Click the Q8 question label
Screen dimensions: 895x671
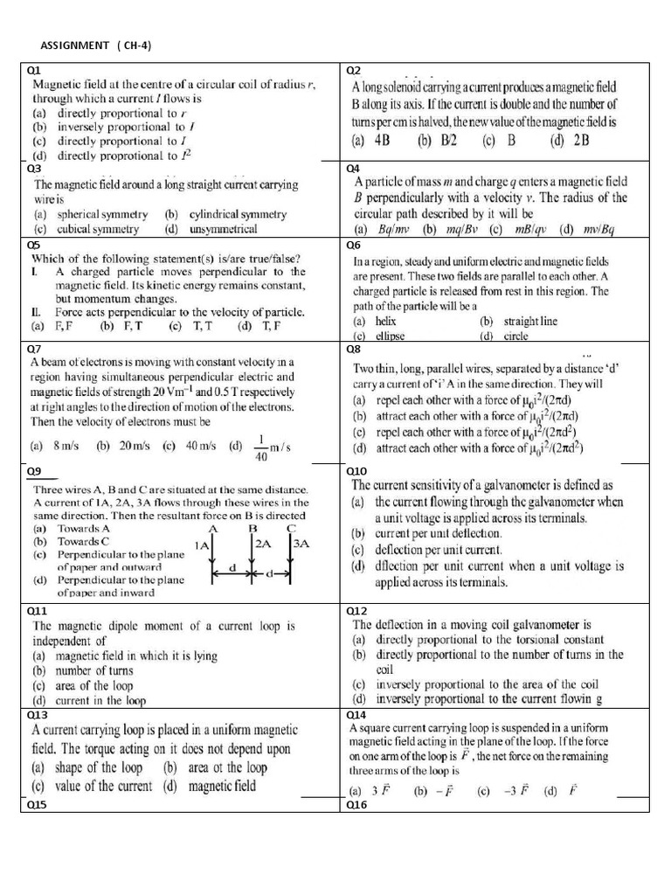[355, 348]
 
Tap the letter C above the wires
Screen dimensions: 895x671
[291, 529]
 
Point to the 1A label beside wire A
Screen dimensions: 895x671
[202, 545]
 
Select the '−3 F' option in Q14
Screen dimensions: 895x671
[496, 791]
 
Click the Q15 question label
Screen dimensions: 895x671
[38, 806]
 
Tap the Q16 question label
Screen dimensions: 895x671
[356, 806]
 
